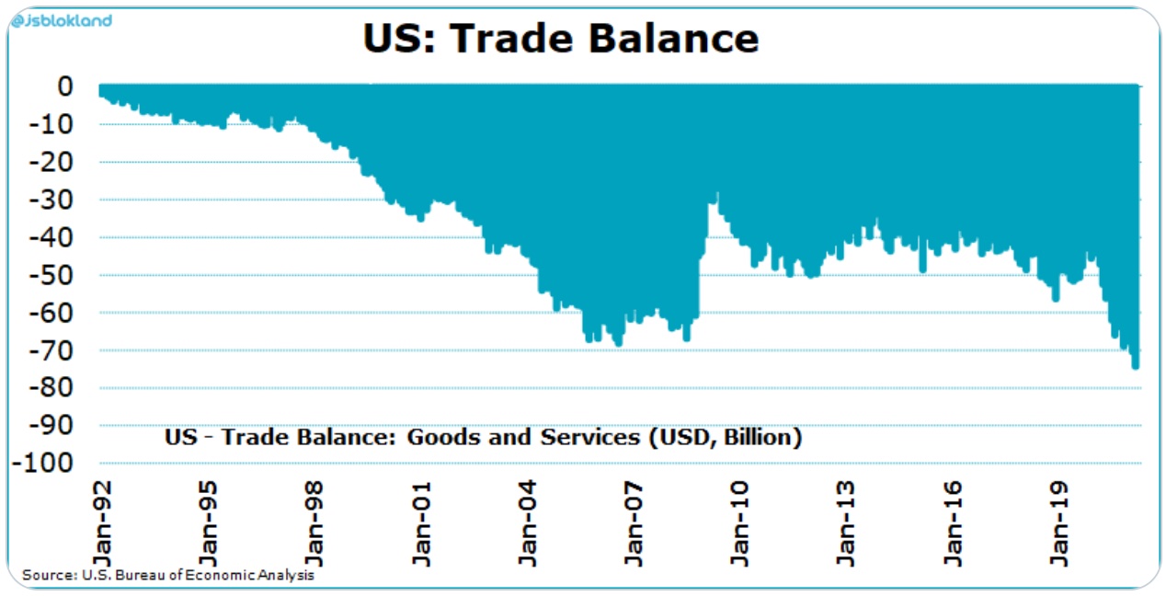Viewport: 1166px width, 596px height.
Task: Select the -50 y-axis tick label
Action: click(51, 275)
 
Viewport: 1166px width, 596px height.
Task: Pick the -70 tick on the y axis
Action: click(51, 350)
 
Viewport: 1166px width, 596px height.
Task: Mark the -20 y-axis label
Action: click(51, 162)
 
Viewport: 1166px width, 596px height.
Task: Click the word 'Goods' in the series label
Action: click(437, 437)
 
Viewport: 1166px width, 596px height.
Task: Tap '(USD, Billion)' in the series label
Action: click(726, 437)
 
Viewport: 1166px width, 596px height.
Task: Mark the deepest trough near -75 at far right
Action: click(1136, 366)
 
